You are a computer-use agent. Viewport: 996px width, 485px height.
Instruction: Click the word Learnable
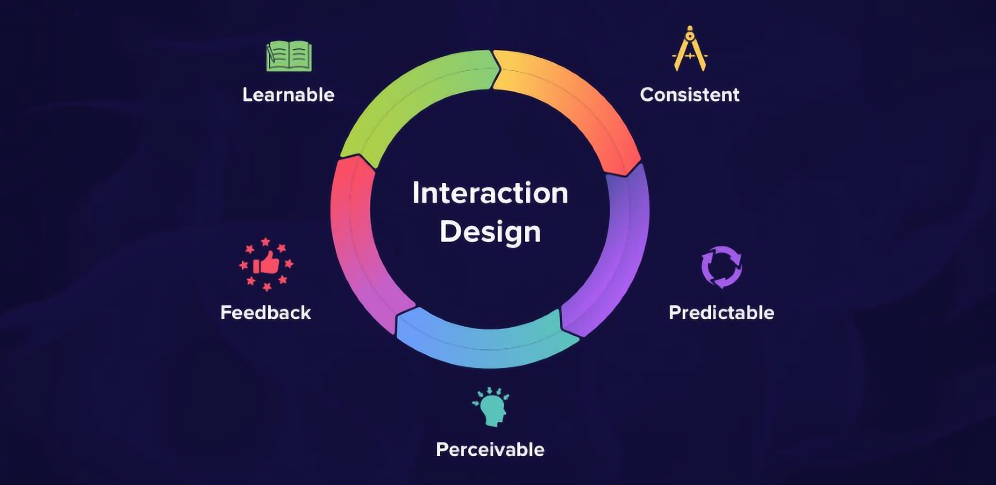(x=288, y=95)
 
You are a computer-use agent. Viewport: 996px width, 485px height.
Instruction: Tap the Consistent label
(x=690, y=95)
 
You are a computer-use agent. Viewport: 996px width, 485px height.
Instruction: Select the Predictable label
(x=721, y=312)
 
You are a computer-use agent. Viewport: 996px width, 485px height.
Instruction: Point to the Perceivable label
(x=490, y=450)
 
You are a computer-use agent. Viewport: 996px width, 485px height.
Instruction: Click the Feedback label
(x=266, y=312)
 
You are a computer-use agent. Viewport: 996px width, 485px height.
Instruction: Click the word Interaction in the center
(x=490, y=193)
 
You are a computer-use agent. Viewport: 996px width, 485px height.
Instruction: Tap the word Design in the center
(x=490, y=231)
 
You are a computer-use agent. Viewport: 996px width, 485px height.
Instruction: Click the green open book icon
(x=289, y=56)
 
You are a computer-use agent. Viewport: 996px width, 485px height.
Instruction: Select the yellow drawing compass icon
(x=690, y=50)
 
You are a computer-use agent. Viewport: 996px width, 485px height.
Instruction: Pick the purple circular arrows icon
(x=722, y=267)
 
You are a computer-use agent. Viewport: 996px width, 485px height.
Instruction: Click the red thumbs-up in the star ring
(x=266, y=264)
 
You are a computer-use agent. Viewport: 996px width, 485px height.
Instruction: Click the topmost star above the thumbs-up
(x=266, y=242)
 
